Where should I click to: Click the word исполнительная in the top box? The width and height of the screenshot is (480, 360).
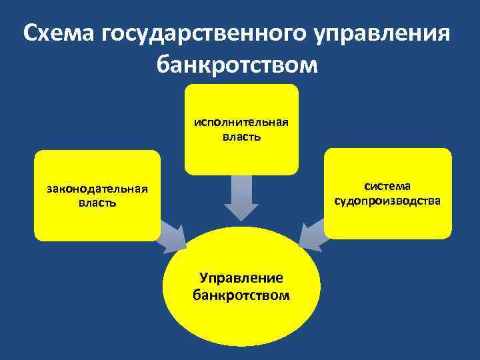[x=241, y=123]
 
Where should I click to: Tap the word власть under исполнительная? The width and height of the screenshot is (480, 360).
[x=241, y=137]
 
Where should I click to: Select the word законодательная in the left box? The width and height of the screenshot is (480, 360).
[x=97, y=189]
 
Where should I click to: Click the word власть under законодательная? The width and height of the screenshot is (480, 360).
[x=97, y=203]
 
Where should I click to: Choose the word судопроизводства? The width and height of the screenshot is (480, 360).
[x=387, y=199]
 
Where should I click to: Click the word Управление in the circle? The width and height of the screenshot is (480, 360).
[x=241, y=278]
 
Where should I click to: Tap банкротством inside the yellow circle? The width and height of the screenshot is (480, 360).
[x=241, y=294]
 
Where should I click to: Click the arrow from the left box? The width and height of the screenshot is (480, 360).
[x=173, y=237]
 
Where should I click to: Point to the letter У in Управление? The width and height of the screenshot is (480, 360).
[x=204, y=278]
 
